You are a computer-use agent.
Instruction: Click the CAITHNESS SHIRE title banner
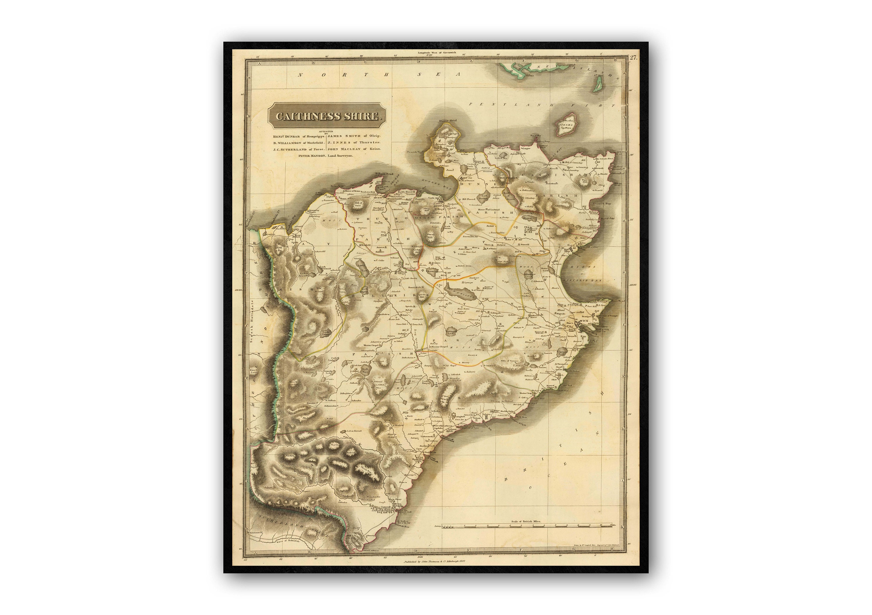tap(327, 116)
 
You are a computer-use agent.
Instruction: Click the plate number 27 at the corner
tap(633, 58)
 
